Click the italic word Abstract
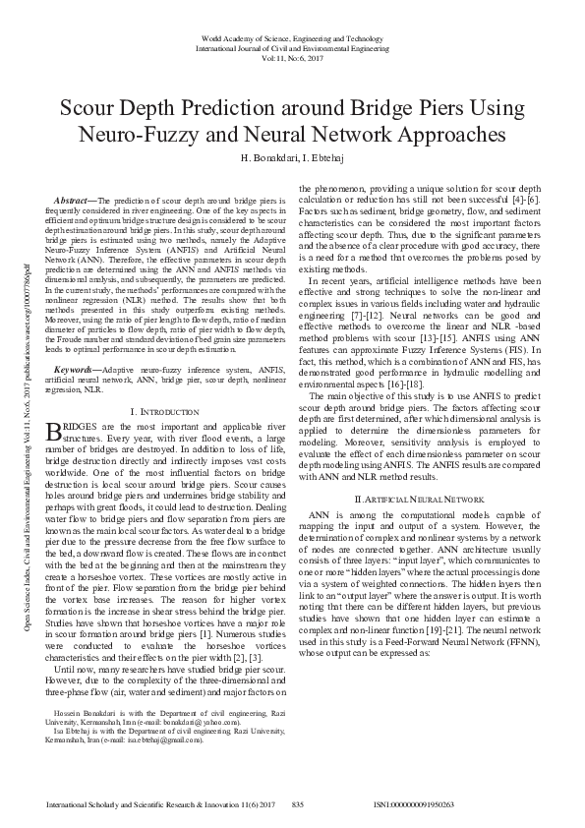tap(75, 199)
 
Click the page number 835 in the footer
tap(299, 804)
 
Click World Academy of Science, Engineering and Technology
tap(292, 35)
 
